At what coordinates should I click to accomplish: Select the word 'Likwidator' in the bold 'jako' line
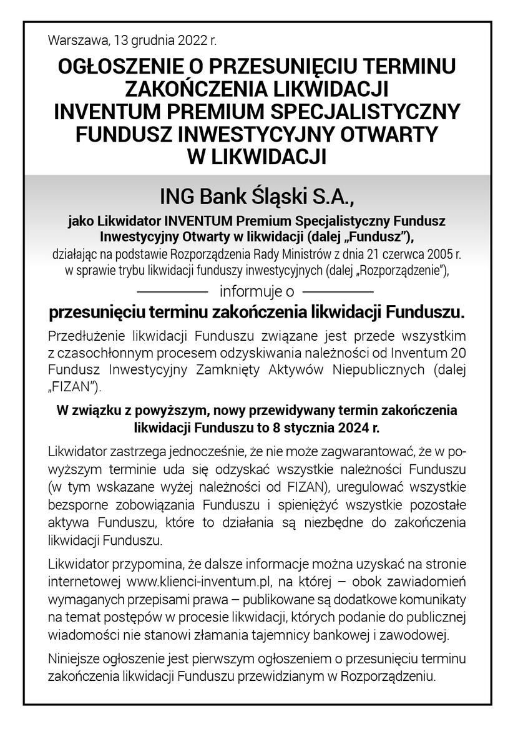pos(130,222)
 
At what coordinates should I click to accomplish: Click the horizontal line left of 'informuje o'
pos(172,291)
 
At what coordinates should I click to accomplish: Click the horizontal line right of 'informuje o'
pos(338,291)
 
